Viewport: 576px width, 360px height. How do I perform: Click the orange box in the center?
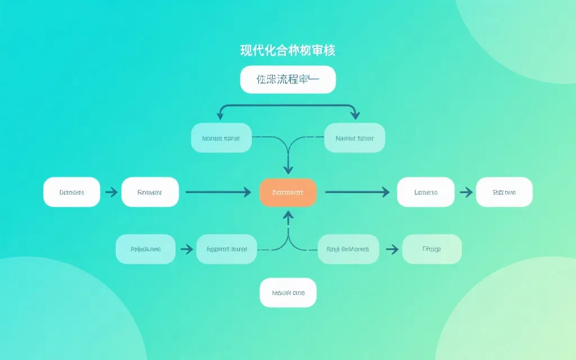(x=288, y=192)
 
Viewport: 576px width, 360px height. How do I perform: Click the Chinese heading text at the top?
(x=288, y=50)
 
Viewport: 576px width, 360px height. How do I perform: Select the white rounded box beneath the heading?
(x=288, y=79)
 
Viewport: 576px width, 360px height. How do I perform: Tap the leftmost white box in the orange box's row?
(x=71, y=192)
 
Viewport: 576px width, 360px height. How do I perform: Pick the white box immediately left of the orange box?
(x=150, y=192)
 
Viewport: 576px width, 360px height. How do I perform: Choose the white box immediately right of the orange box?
(x=426, y=192)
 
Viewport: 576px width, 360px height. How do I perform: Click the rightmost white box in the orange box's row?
(x=504, y=192)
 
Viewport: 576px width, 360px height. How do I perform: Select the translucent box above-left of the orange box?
(x=220, y=138)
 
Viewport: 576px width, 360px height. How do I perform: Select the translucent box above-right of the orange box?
(x=355, y=138)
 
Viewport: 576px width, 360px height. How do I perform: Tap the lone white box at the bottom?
(x=288, y=293)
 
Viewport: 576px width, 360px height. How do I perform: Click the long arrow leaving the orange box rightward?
(x=357, y=192)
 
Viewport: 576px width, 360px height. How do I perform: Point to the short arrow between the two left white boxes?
(x=111, y=192)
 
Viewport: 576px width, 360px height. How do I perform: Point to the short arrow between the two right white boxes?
(x=465, y=192)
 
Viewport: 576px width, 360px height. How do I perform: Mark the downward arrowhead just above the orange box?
(x=288, y=169)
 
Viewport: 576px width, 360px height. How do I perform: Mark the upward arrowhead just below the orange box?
(x=288, y=215)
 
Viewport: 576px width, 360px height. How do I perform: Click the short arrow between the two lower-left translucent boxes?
(x=186, y=249)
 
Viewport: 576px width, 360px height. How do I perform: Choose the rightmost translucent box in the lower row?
(x=431, y=249)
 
